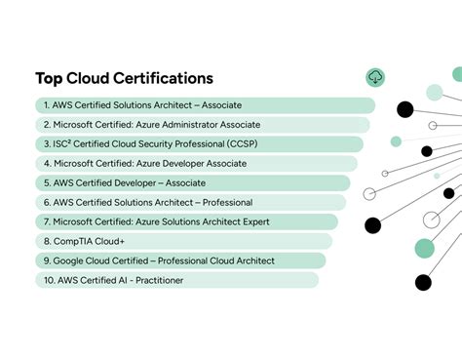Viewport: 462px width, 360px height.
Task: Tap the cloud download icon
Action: coord(375,77)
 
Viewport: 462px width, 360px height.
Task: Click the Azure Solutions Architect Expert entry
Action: coord(156,221)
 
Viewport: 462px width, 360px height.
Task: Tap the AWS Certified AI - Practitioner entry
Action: coord(112,280)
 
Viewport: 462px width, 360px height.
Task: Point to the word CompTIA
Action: coord(74,241)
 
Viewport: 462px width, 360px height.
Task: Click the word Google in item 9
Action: coord(70,260)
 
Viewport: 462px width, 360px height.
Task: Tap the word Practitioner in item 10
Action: coord(155,280)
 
